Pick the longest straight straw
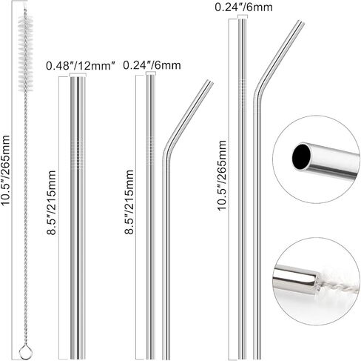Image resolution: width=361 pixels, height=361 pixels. (242, 185)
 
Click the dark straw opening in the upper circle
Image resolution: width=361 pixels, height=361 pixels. (301, 156)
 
